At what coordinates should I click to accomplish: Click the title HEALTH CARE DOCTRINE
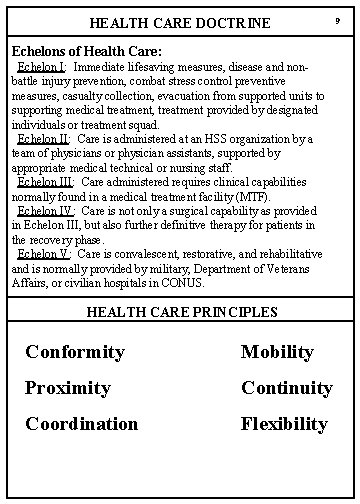pyautogui.click(x=179, y=22)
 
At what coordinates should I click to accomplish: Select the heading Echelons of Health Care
pyautogui.click(x=86, y=49)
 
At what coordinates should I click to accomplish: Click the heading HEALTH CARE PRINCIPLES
pyautogui.click(x=181, y=312)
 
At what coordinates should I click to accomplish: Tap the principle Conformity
pyautogui.click(x=75, y=352)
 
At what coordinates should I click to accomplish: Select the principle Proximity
pyautogui.click(x=68, y=388)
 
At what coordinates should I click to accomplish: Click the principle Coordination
pyautogui.click(x=82, y=424)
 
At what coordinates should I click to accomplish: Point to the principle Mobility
pyautogui.click(x=277, y=352)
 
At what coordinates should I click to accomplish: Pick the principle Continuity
pyautogui.click(x=287, y=388)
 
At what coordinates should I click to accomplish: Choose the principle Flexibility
pyautogui.click(x=284, y=424)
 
